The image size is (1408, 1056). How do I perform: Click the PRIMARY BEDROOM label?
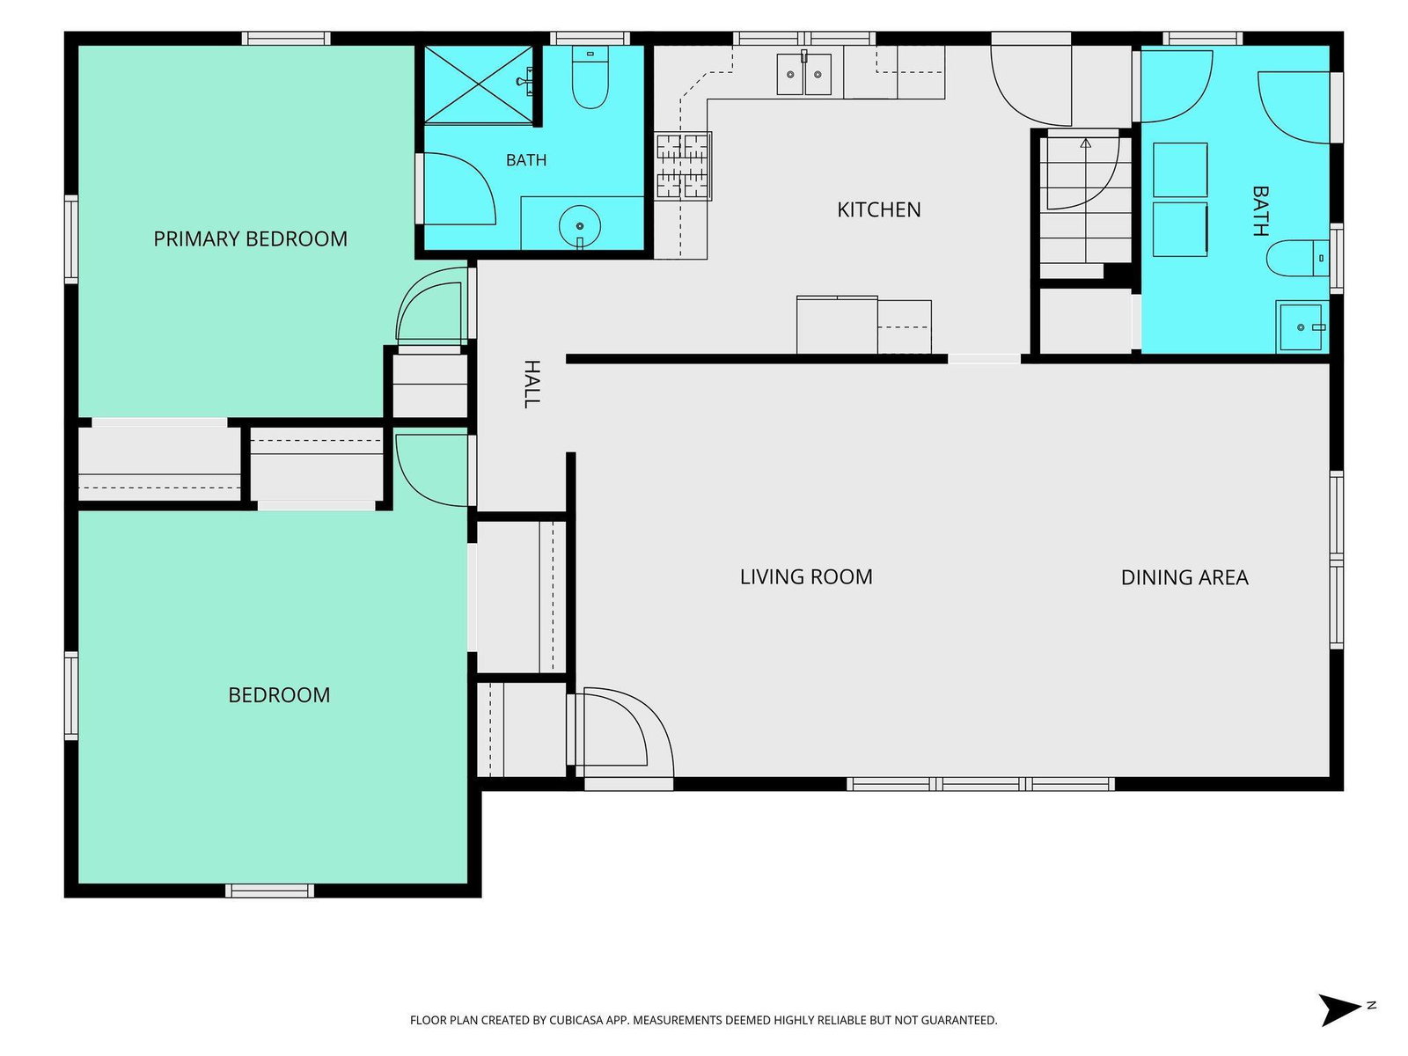click(x=250, y=238)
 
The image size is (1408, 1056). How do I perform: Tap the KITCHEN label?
click(x=878, y=209)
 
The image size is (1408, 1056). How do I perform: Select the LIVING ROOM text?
click(x=806, y=576)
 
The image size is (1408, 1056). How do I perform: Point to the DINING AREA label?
click(x=1184, y=577)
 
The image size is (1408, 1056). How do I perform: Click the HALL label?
click(x=532, y=384)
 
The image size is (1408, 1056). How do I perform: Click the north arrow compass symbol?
click(x=1340, y=1010)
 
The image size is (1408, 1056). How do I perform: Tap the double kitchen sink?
click(x=803, y=75)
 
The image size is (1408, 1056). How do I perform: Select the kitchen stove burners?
click(x=683, y=166)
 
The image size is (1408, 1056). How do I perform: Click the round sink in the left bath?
click(x=580, y=226)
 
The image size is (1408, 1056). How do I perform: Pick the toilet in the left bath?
click(x=590, y=77)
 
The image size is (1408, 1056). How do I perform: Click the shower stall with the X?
click(x=480, y=84)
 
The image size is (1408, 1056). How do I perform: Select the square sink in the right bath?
click(x=1301, y=326)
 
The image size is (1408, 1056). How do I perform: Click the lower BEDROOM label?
click(x=279, y=694)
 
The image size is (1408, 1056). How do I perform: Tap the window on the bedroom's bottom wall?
click(x=269, y=890)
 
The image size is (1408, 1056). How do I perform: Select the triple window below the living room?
click(x=980, y=783)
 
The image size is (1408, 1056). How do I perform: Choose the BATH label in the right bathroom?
click(x=1260, y=211)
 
